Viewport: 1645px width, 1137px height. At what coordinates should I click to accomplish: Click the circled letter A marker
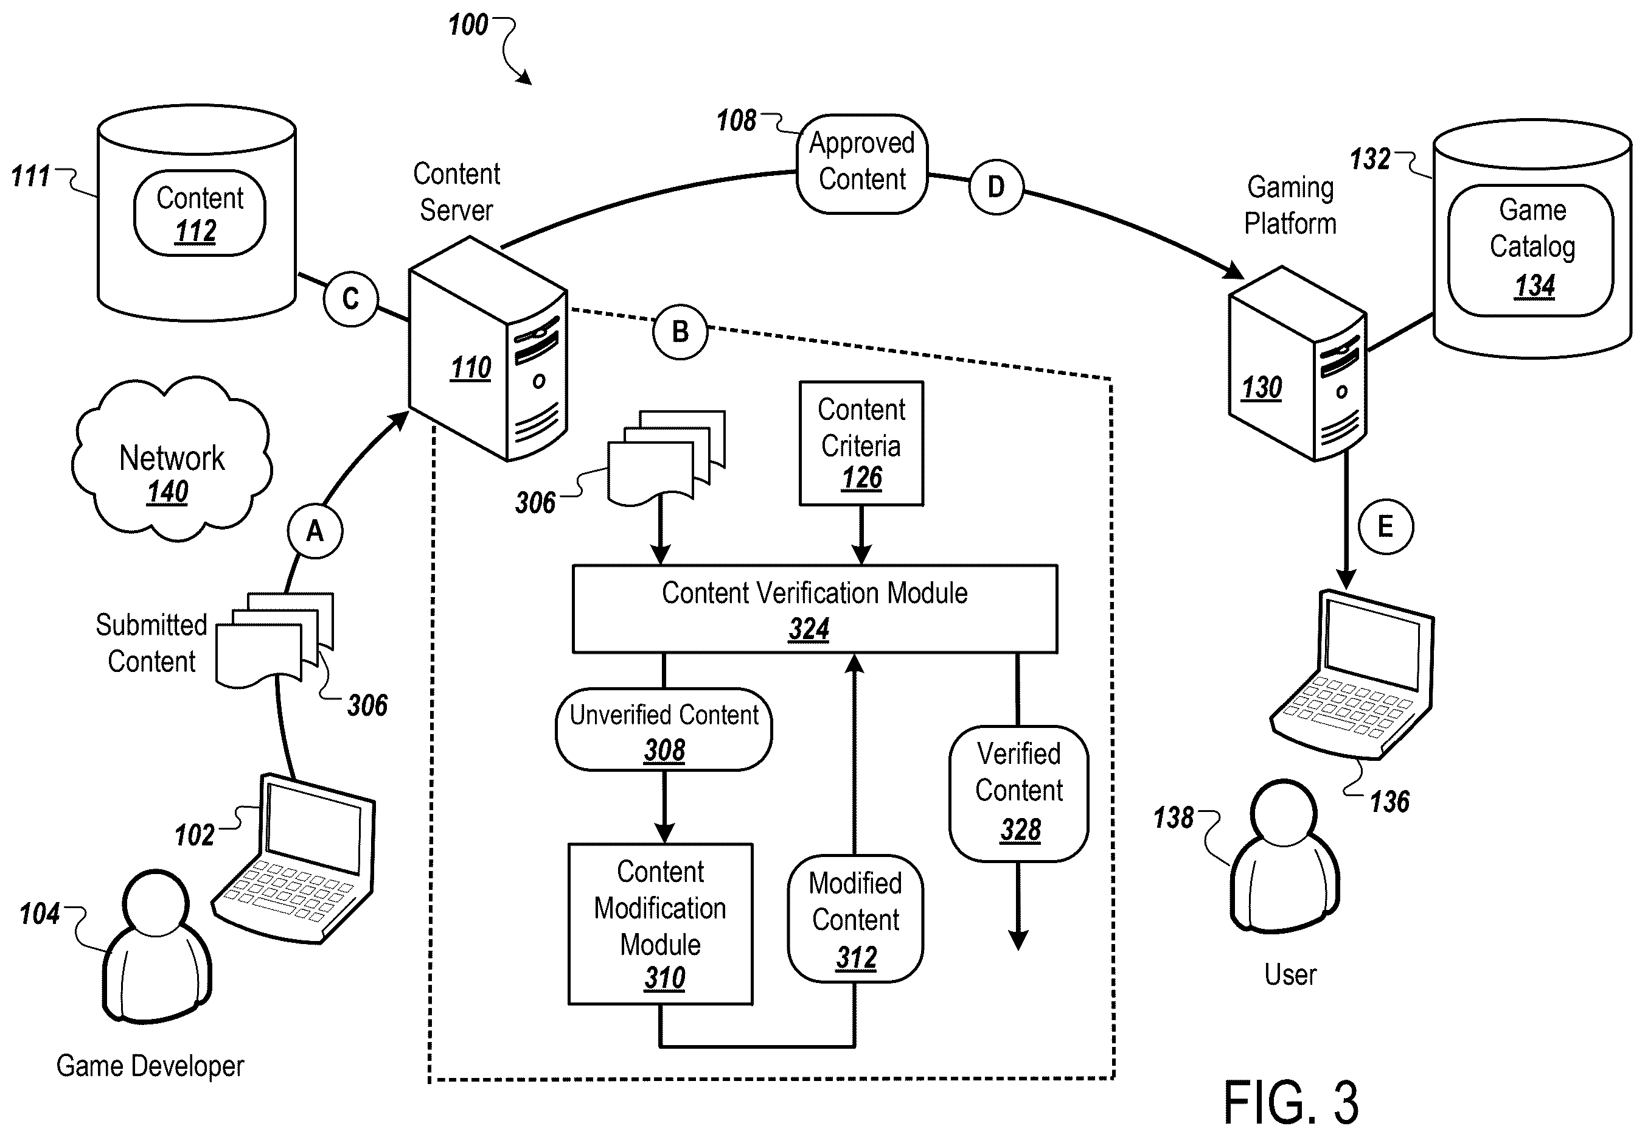[315, 531]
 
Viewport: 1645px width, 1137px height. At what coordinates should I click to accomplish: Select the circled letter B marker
[680, 331]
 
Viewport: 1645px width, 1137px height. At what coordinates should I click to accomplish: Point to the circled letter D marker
[996, 187]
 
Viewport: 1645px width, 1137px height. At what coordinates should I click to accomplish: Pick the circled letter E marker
[1385, 527]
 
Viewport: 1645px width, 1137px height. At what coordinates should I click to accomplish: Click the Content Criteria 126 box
[861, 443]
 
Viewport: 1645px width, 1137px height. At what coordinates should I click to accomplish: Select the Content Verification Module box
[815, 609]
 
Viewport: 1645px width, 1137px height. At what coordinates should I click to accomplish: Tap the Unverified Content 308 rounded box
[664, 729]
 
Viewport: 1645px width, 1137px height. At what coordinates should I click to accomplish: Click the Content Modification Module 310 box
[660, 924]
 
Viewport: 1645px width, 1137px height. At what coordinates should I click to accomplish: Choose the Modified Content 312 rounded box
[855, 919]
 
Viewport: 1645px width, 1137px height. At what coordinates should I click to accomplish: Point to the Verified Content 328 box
[1019, 794]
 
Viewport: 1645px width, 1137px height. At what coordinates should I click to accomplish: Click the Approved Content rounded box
[861, 163]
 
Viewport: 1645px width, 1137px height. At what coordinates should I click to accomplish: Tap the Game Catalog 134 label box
[1531, 250]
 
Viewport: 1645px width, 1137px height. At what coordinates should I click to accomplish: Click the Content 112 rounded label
[200, 213]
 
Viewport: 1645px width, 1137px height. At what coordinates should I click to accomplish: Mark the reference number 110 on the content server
[471, 368]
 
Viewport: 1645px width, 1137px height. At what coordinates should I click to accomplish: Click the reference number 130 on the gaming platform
[1262, 388]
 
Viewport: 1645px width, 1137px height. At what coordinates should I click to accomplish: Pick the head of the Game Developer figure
[155, 902]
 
